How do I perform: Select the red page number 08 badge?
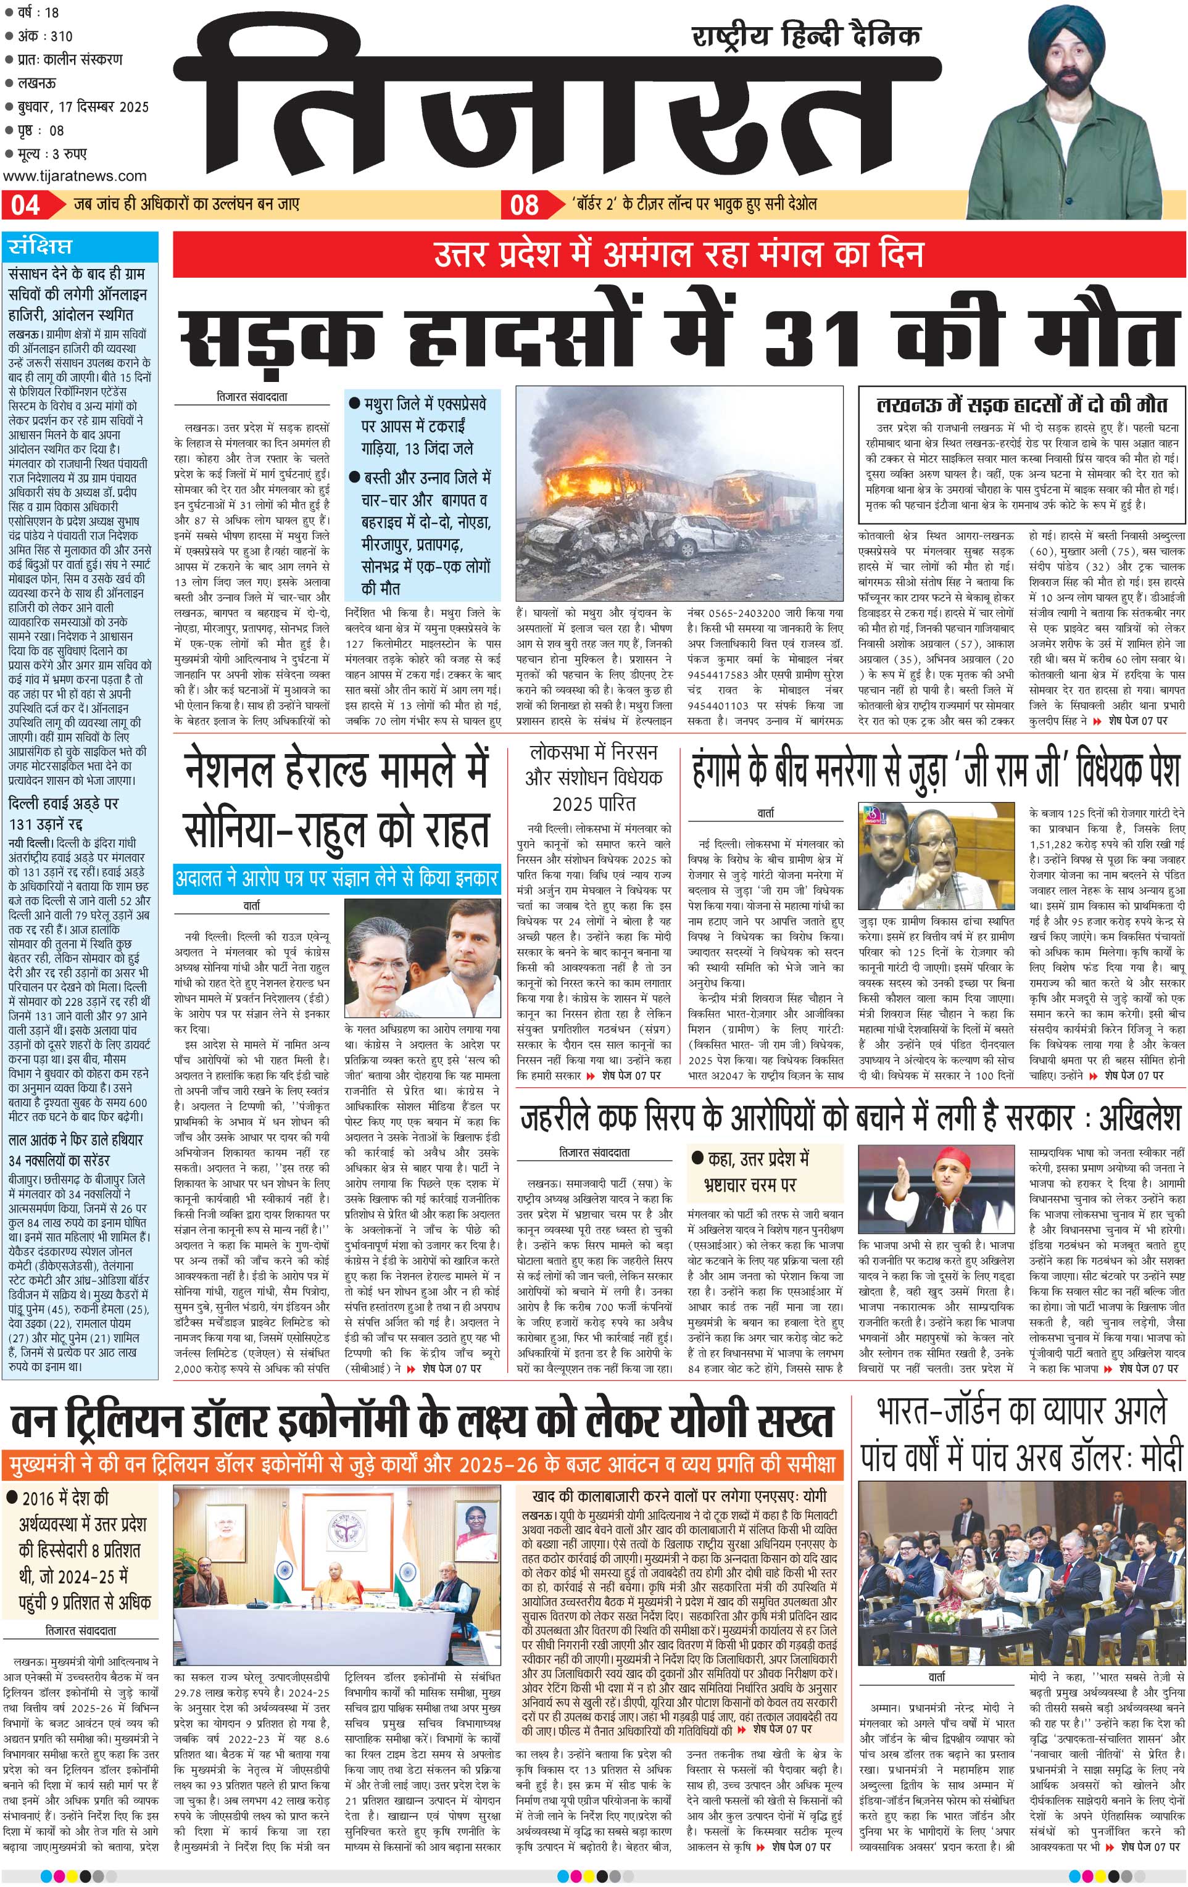pyautogui.click(x=524, y=205)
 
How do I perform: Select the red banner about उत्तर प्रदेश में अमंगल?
pyautogui.click(x=679, y=255)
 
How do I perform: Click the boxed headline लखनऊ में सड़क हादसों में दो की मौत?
pyautogui.click(x=1021, y=404)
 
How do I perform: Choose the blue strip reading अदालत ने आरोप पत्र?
pyautogui.click(x=337, y=877)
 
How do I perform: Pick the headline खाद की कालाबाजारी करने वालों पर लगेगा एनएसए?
pyautogui.click(x=679, y=1496)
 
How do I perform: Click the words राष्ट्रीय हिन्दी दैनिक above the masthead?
pyautogui.click(x=807, y=36)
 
